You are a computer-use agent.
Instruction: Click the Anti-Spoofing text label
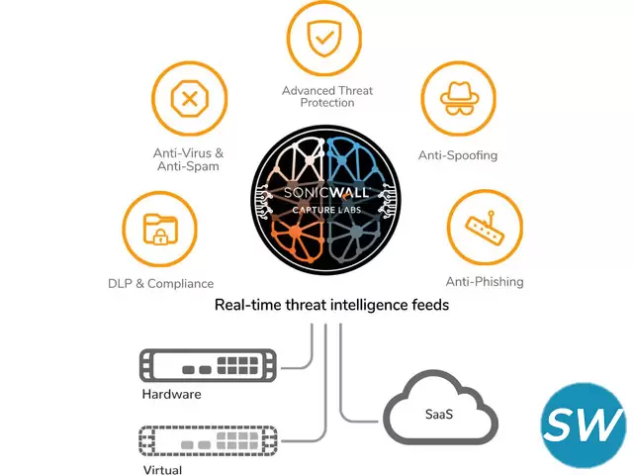pos(457,155)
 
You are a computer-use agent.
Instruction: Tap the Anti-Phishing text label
pos(485,282)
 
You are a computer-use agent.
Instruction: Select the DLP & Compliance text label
pos(160,283)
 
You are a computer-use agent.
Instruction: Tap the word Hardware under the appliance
pos(171,394)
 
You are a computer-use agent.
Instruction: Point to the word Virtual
pos(162,471)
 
